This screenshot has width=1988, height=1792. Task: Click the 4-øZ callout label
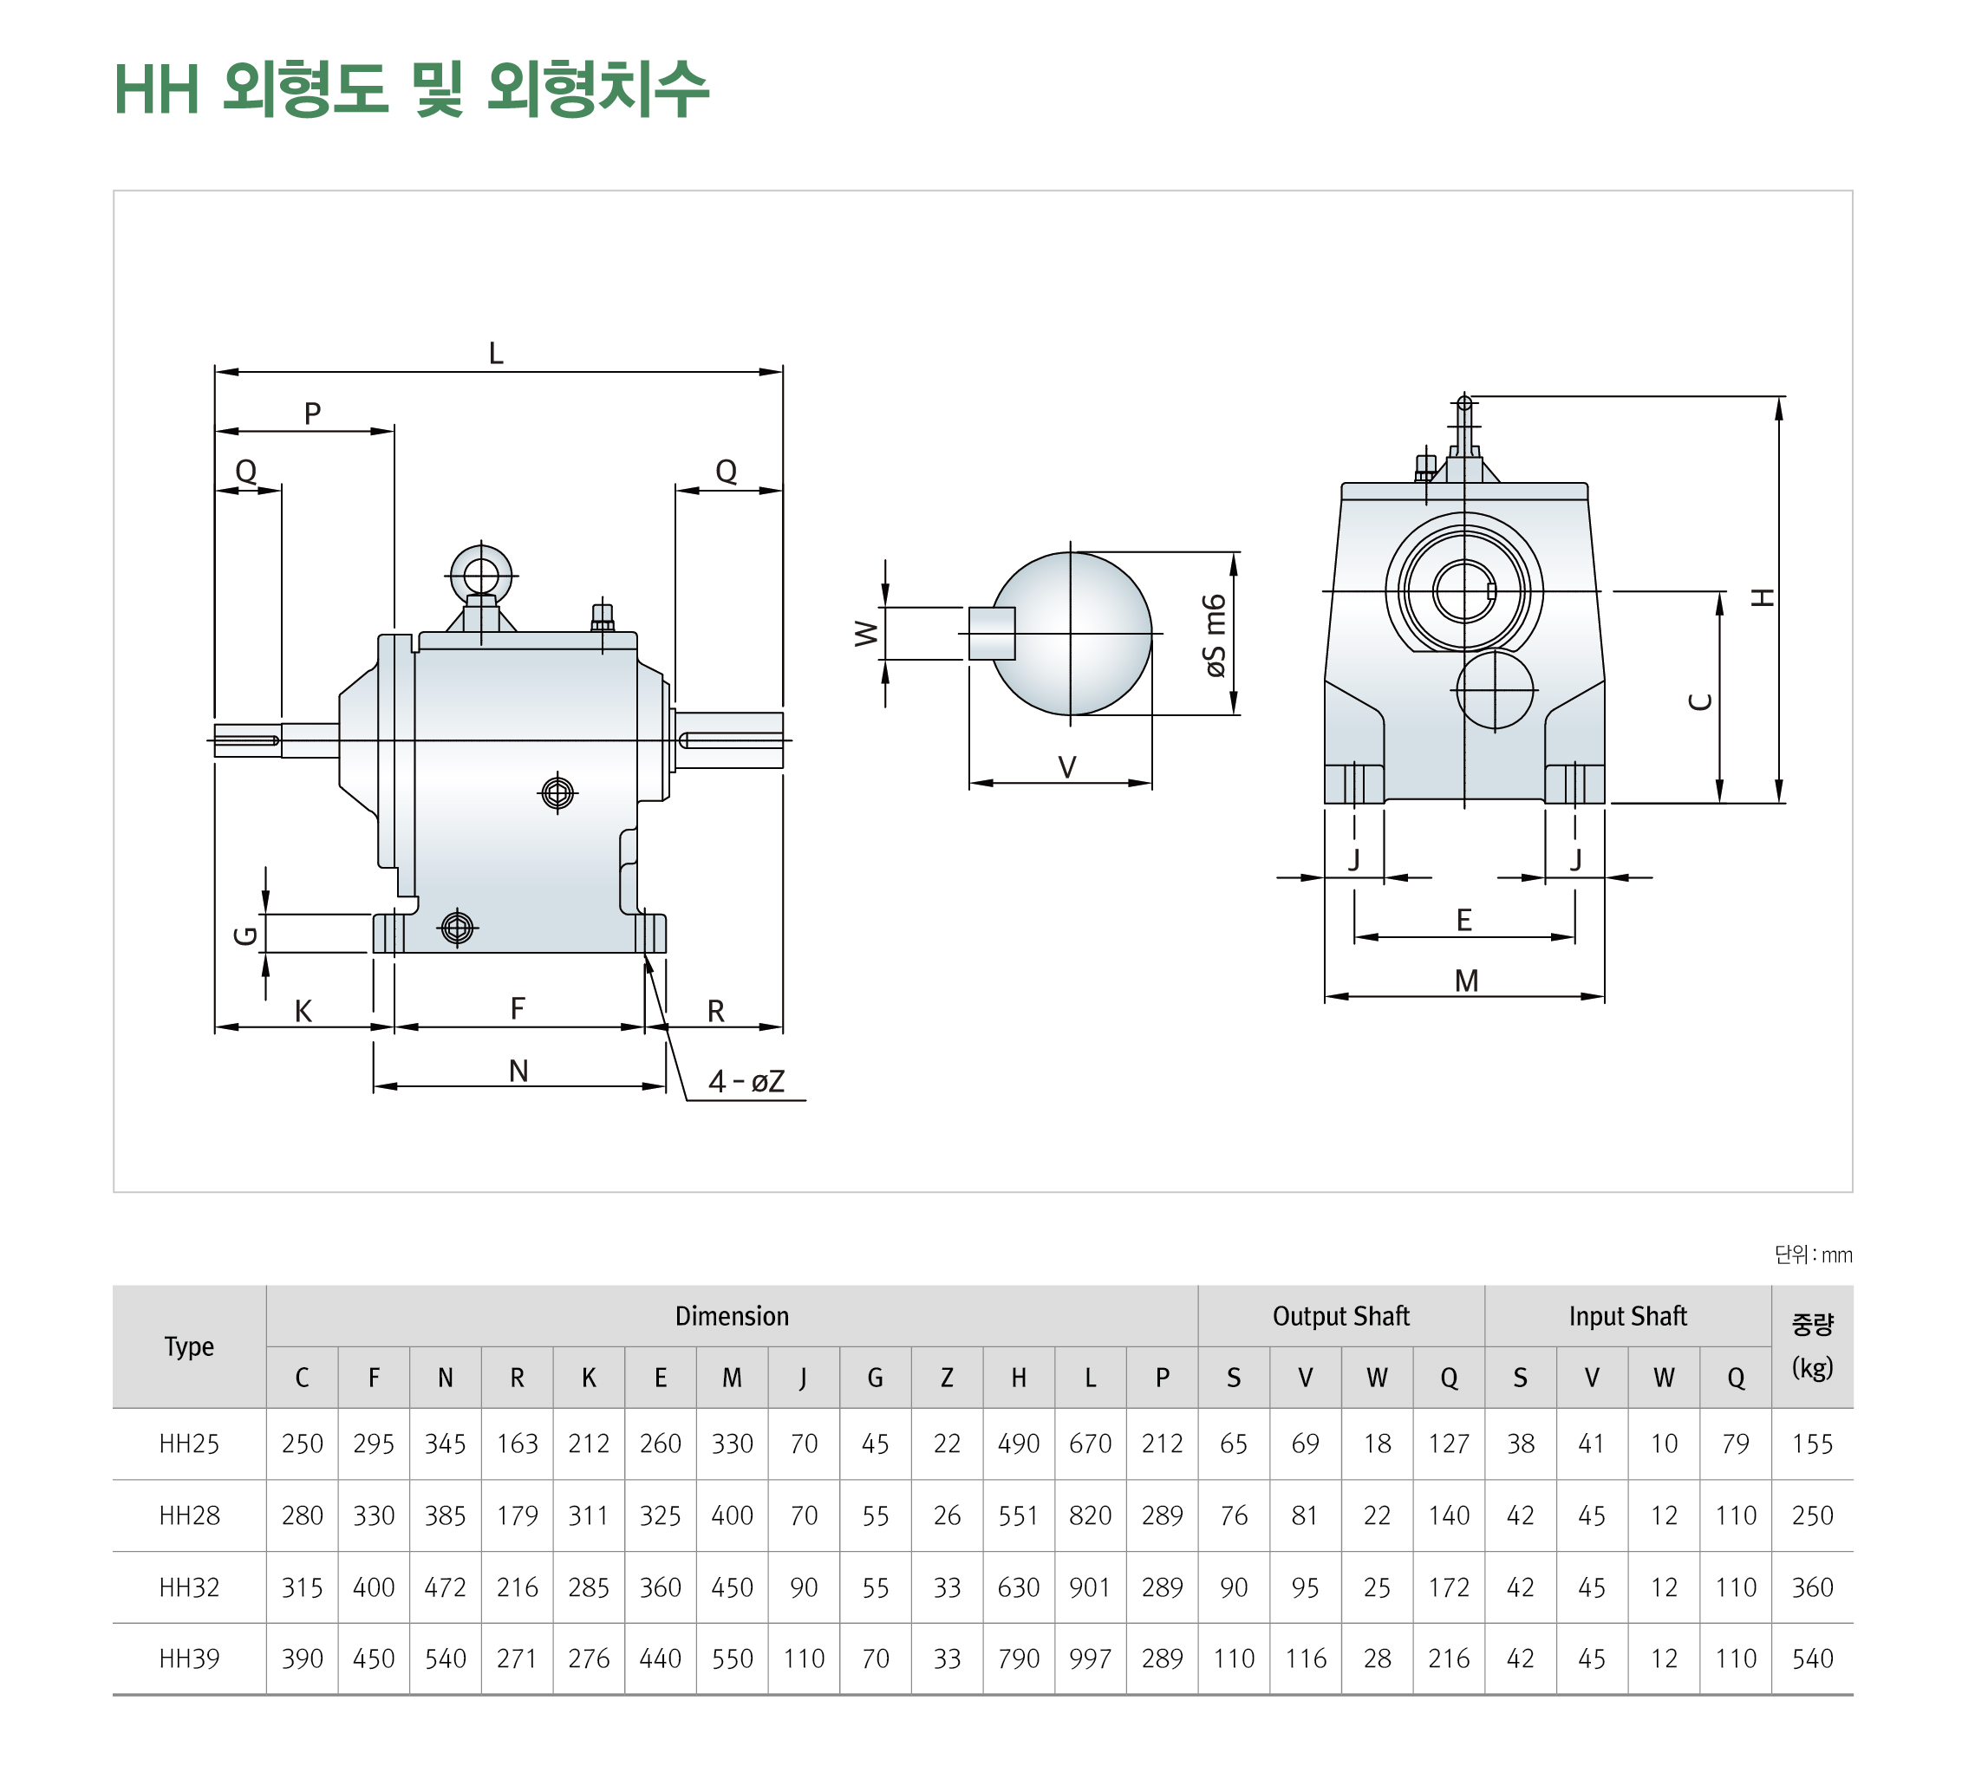click(746, 1082)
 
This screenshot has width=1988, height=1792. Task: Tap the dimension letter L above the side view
click(495, 353)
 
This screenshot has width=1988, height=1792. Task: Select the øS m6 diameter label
click(1216, 635)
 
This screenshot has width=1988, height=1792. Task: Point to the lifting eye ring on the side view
click(480, 574)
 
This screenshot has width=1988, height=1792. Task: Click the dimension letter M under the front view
click(1465, 981)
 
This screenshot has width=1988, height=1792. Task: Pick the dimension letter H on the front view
click(1762, 596)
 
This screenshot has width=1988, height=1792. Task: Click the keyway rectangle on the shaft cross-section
click(991, 633)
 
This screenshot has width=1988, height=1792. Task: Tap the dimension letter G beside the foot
click(245, 935)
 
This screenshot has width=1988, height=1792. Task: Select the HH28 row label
click(189, 1515)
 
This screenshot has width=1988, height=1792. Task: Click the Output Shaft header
click(1340, 1316)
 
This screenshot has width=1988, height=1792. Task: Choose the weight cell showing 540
click(1812, 1659)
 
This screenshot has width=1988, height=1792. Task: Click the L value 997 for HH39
click(1090, 1659)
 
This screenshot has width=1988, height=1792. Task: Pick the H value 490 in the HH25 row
click(1018, 1443)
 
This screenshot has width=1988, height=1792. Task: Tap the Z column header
click(946, 1378)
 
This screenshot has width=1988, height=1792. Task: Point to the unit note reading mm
click(1813, 1254)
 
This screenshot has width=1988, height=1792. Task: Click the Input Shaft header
click(1626, 1316)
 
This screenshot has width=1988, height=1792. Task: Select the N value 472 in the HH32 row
click(445, 1587)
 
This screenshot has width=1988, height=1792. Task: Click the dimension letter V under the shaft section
click(1066, 767)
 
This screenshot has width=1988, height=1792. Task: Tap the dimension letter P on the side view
click(312, 414)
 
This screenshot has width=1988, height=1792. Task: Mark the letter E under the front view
click(1463, 920)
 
